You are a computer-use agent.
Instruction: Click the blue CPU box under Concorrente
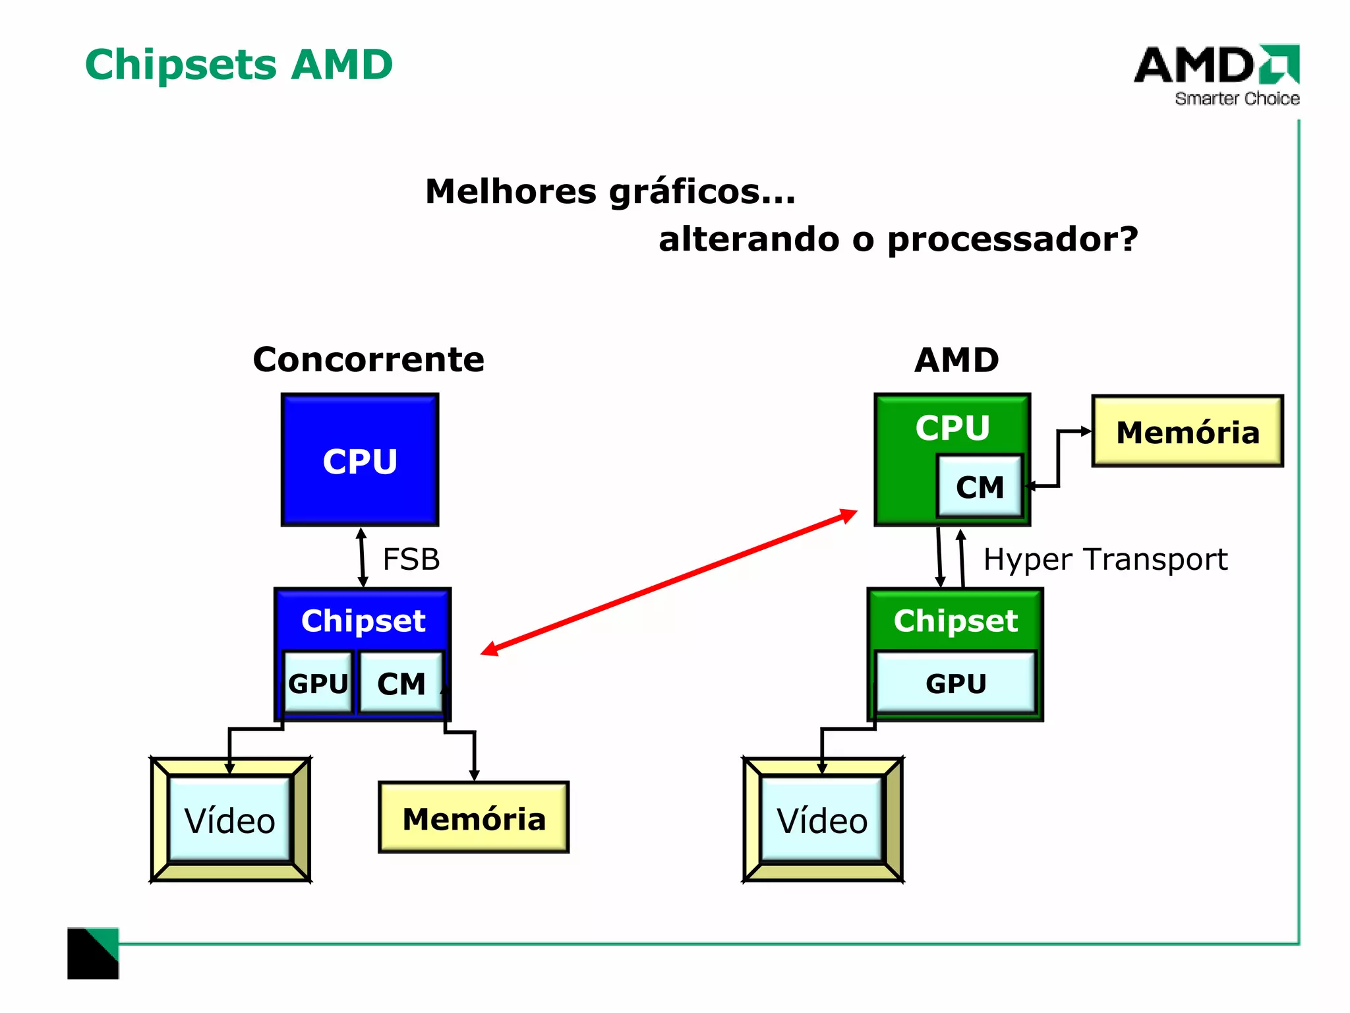click(360, 460)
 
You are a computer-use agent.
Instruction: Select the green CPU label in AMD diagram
click(952, 427)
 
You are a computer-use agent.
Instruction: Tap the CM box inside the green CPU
click(980, 487)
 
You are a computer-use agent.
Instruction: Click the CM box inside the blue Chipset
click(401, 683)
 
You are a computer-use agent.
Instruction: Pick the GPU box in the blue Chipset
click(318, 683)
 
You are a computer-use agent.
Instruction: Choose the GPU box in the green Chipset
click(955, 683)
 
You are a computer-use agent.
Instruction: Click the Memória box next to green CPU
click(1187, 432)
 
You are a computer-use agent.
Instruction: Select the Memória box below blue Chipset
click(473, 818)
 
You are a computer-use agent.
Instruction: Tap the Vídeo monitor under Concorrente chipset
click(229, 820)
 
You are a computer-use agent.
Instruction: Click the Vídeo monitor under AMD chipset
click(822, 820)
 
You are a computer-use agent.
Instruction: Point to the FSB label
click(411, 559)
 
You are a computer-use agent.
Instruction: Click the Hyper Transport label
click(1105, 559)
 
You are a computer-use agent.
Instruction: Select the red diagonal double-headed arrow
click(668, 582)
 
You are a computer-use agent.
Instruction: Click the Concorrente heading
click(368, 359)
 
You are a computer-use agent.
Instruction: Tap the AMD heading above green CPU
click(956, 360)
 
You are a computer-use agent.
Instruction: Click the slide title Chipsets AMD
click(239, 65)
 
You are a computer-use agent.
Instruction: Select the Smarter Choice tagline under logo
click(1237, 99)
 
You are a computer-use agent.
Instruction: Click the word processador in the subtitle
click(1012, 239)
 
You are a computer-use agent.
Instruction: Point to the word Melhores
click(511, 191)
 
